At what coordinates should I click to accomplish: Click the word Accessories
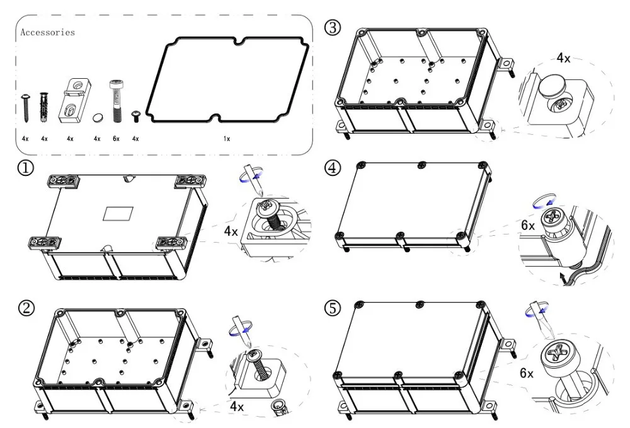click(48, 32)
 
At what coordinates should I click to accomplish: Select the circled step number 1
click(26, 170)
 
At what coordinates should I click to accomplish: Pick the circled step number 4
click(333, 168)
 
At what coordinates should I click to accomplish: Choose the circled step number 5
click(333, 308)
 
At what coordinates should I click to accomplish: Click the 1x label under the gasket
click(227, 138)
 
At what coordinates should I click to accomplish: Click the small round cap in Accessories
click(97, 117)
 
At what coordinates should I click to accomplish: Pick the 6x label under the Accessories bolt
click(115, 138)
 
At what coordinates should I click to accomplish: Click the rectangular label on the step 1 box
click(119, 214)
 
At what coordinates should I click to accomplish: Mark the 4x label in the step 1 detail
click(231, 231)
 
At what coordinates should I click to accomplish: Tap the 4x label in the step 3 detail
click(563, 59)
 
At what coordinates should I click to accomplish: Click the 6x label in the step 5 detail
click(527, 374)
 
